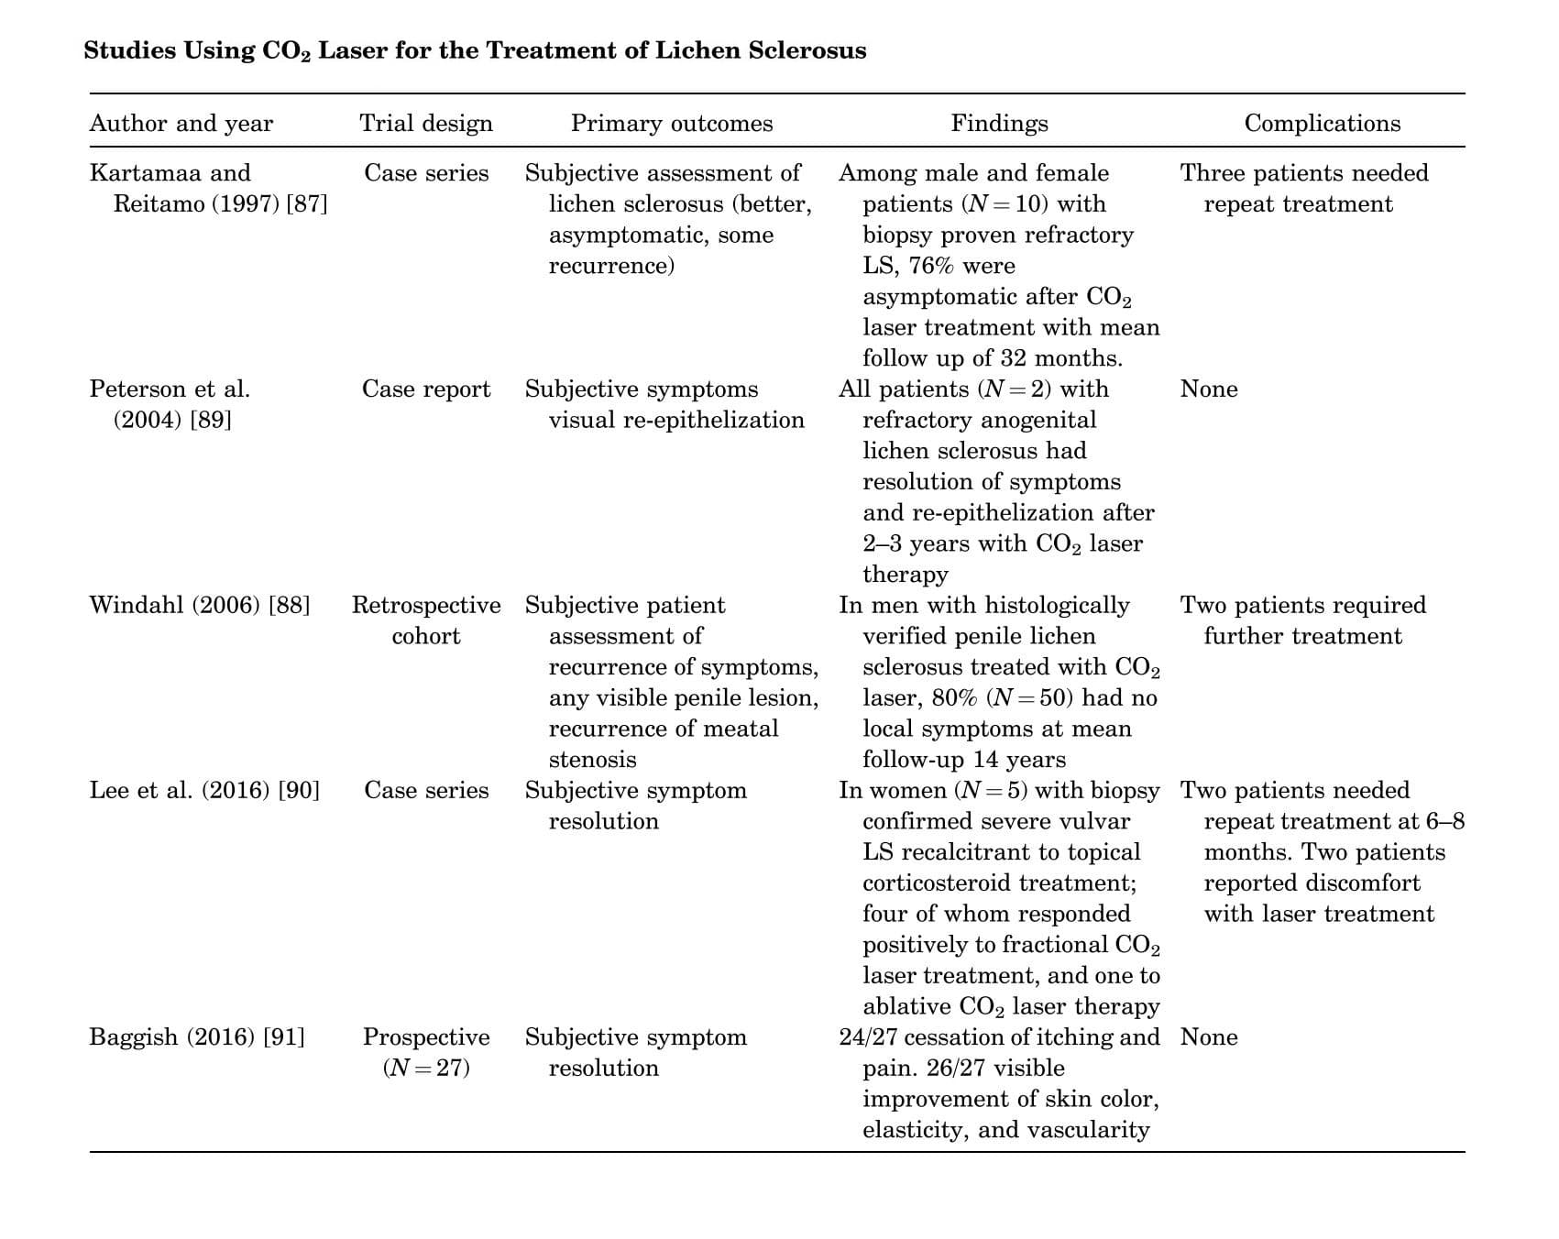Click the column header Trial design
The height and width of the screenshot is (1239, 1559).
click(426, 124)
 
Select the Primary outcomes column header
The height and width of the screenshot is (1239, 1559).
click(672, 124)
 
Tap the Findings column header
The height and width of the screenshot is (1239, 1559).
click(999, 124)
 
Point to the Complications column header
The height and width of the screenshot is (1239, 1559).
click(1322, 124)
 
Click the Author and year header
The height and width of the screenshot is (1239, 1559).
click(181, 124)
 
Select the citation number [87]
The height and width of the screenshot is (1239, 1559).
click(307, 204)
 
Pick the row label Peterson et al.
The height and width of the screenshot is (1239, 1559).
click(170, 389)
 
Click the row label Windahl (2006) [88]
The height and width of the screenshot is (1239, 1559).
click(200, 606)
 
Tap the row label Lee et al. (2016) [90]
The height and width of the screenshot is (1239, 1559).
click(204, 791)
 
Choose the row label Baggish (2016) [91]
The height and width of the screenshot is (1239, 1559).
click(197, 1037)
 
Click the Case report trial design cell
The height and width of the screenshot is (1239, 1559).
click(426, 389)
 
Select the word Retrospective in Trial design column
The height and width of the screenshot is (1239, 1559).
click(426, 606)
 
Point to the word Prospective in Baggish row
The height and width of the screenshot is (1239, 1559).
click(426, 1037)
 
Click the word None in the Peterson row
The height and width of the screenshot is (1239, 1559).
click(1209, 389)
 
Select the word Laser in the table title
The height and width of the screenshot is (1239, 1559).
click(352, 49)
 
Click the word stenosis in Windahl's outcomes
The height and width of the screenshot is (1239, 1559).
click(592, 760)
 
